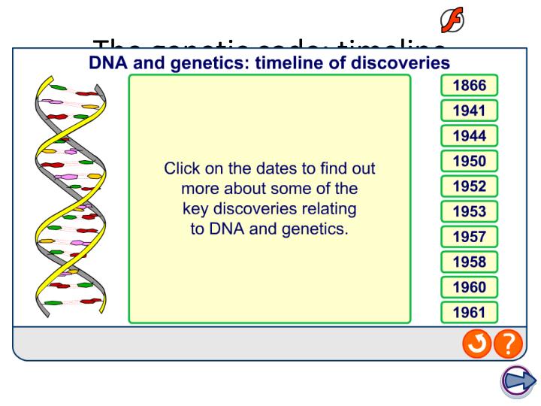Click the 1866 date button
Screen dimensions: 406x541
tap(470, 86)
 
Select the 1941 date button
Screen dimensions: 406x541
tap(470, 111)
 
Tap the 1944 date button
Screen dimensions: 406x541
tap(470, 136)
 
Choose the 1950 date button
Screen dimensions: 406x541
tap(470, 161)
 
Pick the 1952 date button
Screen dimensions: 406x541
tap(470, 186)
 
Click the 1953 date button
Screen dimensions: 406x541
tap(470, 212)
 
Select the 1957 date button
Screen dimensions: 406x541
tap(470, 237)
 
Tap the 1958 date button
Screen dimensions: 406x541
tap(470, 262)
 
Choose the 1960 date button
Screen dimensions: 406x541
tap(470, 287)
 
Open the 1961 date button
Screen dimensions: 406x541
tap(470, 313)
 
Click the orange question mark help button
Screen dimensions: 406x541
tap(509, 344)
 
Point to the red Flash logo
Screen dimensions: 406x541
tap(452, 20)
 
